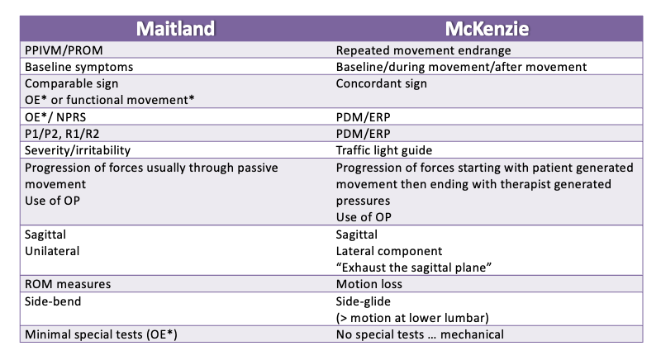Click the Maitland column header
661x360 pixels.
175,29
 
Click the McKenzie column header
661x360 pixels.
487,29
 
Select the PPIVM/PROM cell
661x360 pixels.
64,50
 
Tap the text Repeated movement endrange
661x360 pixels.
423,50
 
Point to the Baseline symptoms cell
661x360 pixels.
78,67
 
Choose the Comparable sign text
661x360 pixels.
71,83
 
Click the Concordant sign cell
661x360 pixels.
381,83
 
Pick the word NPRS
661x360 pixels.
70,117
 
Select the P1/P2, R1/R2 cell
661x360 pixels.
62,134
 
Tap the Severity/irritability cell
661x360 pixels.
78,150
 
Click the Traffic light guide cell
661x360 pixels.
384,150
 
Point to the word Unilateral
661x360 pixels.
52,251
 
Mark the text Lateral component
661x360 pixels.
389,251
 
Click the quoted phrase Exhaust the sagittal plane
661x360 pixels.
414,268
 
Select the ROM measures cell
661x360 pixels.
68,284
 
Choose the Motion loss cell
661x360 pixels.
369,284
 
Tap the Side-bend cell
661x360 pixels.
53,301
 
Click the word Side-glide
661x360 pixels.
363,301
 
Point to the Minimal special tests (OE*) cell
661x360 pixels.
101,334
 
